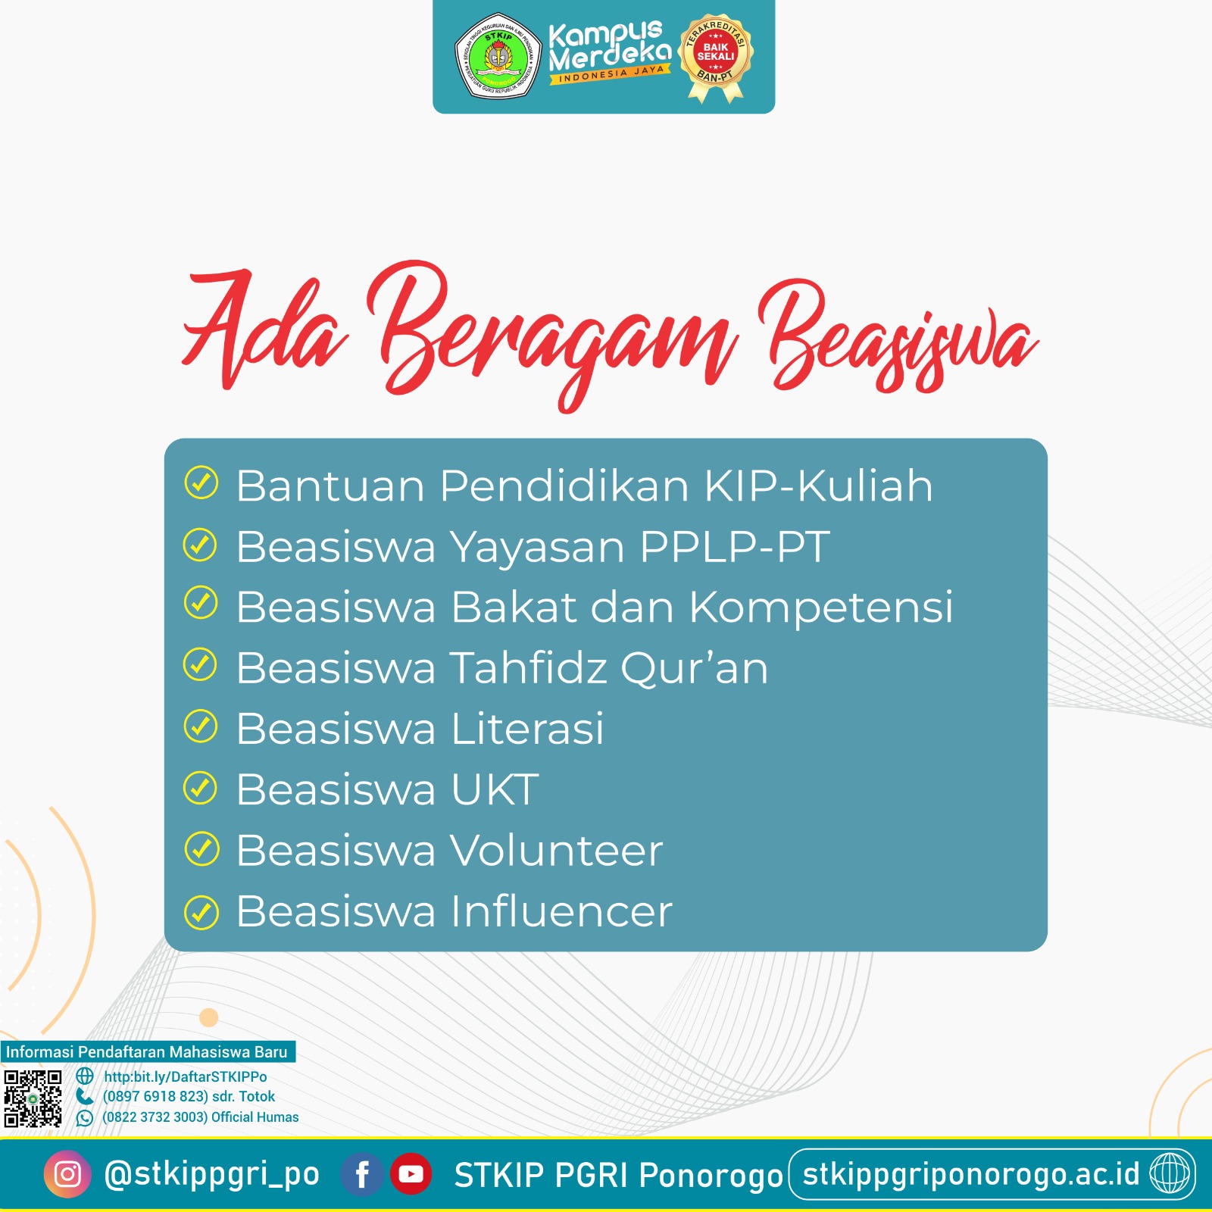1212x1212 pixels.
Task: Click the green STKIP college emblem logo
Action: click(x=498, y=57)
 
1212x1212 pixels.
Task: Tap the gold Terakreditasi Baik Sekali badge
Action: click(x=716, y=57)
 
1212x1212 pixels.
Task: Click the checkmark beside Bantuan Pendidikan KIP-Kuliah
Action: click(x=201, y=483)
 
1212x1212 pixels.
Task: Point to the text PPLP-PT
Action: click(x=734, y=546)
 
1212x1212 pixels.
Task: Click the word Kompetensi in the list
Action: click(x=821, y=608)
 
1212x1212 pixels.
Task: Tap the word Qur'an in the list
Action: click(x=694, y=668)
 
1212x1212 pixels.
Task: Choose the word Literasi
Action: click(x=528, y=729)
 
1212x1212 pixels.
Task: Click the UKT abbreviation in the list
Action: click(x=495, y=789)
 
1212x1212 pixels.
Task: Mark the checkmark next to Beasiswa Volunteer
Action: click(x=201, y=849)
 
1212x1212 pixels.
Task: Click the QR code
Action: click(x=33, y=1098)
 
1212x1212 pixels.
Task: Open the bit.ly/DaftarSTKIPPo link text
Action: click(x=186, y=1076)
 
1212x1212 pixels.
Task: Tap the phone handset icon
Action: click(x=85, y=1096)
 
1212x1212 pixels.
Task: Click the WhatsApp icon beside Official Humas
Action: click(x=85, y=1117)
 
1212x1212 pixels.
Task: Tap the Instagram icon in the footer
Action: click(x=67, y=1174)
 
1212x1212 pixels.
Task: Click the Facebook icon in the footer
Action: click(x=362, y=1174)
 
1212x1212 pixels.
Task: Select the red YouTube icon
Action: click(x=411, y=1174)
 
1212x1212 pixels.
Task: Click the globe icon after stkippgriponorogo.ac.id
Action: click(x=1170, y=1174)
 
